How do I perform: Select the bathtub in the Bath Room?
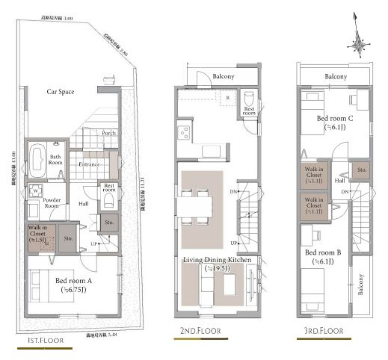pos(37,158)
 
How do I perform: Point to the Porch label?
pos(109,134)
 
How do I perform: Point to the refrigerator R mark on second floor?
pos(227,98)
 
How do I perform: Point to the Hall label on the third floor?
pos(339,180)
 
